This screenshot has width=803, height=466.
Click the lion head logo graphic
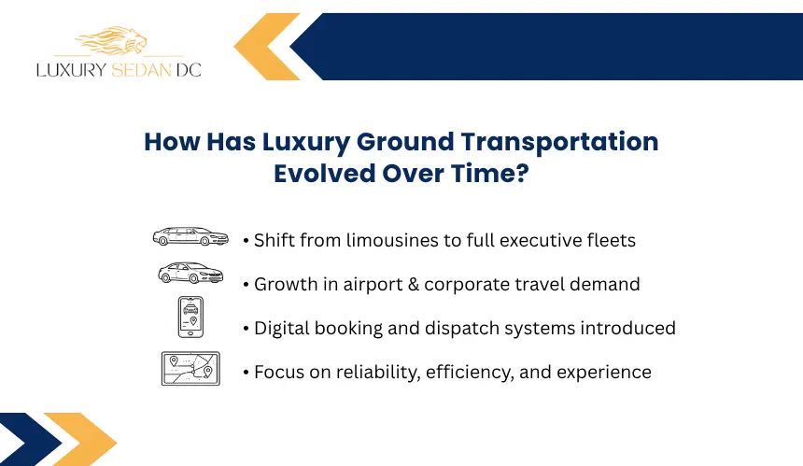click(x=112, y=40)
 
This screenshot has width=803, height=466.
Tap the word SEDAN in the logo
click(x=141, y=70)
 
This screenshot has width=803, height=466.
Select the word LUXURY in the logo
click(x=71, y=70)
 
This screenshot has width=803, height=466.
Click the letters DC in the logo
click(x=189, y=70)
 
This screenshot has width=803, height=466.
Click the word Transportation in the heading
click(x=559, y=142)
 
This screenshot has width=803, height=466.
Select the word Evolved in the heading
click(x=325, y=173)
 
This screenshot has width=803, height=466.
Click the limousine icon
click(x=190, y=236)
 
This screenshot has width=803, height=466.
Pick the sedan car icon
click(x=190, y=273)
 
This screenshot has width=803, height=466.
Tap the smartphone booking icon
click(x=190, y=317)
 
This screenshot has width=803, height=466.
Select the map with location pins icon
click(x=190, y=368)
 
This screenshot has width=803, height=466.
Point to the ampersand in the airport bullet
click(x=414, y=284)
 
